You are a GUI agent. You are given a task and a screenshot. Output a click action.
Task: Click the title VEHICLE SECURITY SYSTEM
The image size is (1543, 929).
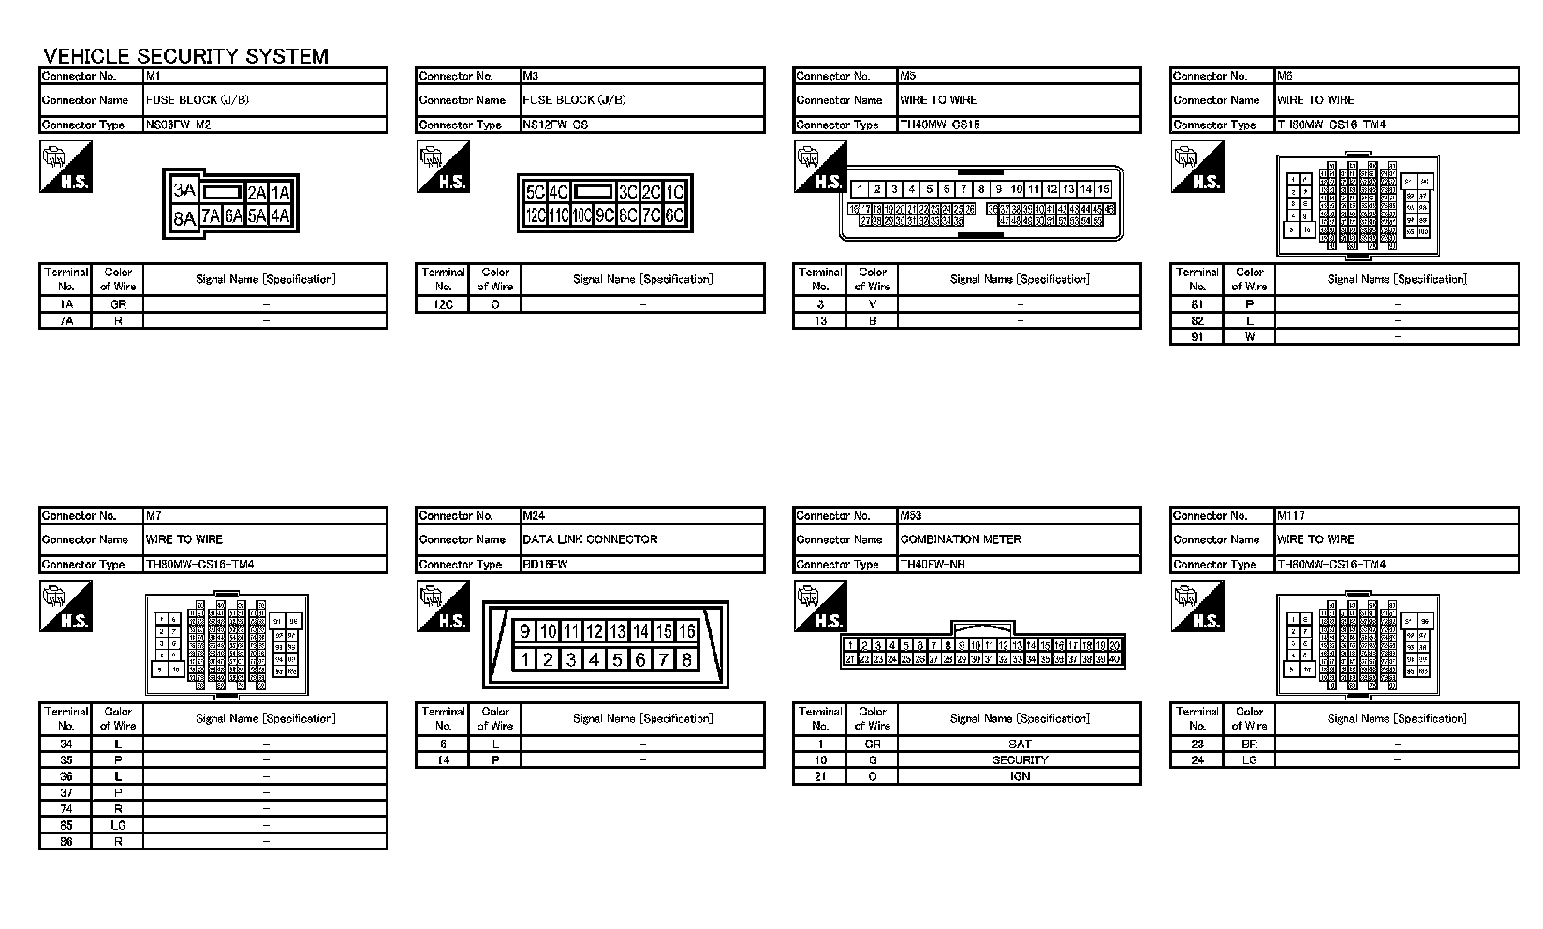click(186, 56)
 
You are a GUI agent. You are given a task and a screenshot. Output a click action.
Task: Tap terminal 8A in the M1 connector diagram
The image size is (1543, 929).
click(184, 218)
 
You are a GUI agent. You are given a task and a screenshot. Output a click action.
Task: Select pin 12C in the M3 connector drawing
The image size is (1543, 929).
click(536, 215)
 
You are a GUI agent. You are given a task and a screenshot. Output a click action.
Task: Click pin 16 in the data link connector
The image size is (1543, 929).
click(686, 631)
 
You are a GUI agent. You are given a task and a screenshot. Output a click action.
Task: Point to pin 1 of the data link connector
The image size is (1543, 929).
click(524, 659)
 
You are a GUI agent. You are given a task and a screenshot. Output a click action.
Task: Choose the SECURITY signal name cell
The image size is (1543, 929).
click(1020, 760)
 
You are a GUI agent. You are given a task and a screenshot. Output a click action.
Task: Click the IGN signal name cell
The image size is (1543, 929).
click(1020, 776)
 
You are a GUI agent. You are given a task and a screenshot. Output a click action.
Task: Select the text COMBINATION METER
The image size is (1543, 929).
click(961, 539)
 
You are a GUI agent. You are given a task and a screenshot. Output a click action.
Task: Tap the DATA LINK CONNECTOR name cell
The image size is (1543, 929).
click(590, 539)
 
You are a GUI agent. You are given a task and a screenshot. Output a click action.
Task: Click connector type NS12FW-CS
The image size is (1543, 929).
click(555, 125)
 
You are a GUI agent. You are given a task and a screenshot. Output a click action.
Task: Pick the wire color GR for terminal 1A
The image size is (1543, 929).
click(118, 304)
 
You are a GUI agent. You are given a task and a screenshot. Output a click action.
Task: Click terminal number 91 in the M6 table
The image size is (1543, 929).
click(1197, 337)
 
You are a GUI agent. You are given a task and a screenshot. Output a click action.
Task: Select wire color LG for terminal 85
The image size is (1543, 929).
click(118, 825)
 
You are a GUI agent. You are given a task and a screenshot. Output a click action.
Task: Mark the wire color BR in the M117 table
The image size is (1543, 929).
click(1249, 745)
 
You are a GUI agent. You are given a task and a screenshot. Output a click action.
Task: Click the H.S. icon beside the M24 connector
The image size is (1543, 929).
click(442, 606)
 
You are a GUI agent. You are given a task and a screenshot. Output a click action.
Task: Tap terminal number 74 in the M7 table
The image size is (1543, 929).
click(66, 809)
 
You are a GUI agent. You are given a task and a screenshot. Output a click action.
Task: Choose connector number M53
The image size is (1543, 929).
click(911, 515)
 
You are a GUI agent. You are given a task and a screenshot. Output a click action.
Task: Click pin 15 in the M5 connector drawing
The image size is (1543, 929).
click(1103, 189)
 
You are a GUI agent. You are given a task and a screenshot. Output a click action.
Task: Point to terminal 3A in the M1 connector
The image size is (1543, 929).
click(184, 191)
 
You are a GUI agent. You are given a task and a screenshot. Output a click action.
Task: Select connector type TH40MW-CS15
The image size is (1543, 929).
click(939, 125)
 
